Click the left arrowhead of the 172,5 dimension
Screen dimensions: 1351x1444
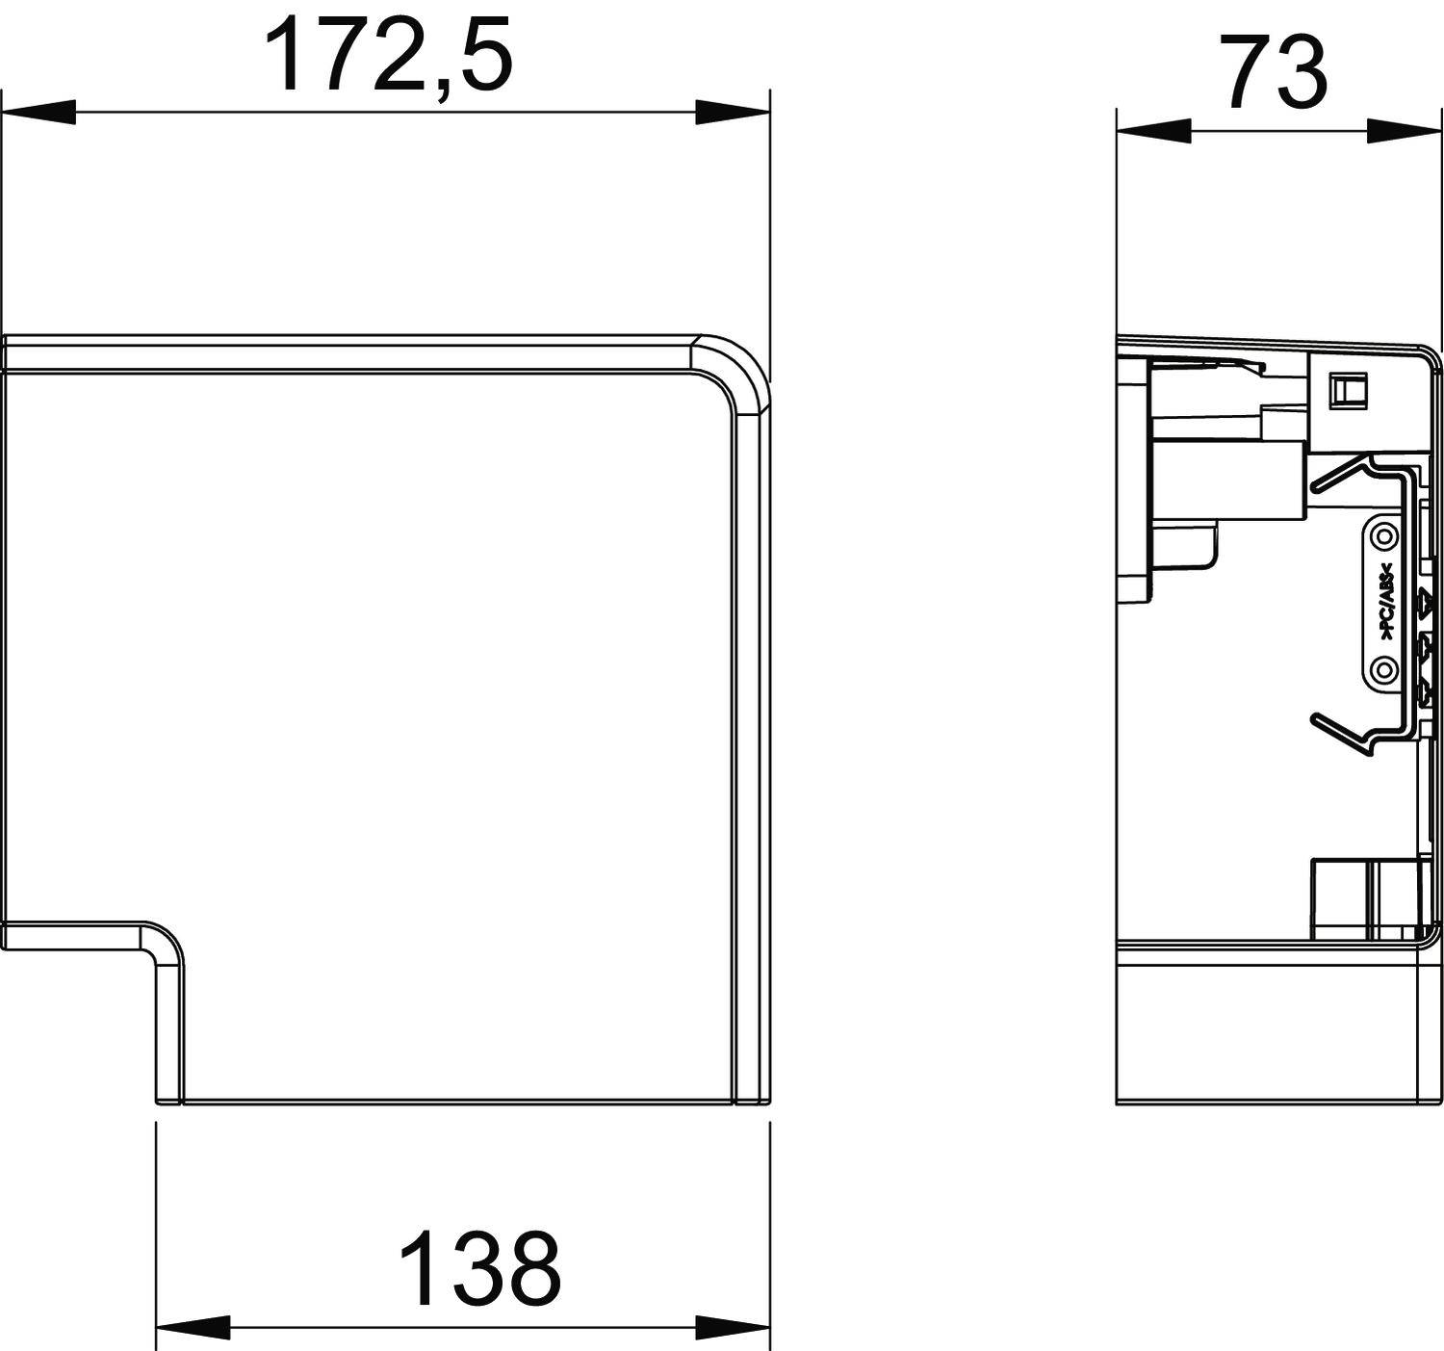[39, 112]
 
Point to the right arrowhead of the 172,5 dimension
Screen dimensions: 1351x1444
[732, 112]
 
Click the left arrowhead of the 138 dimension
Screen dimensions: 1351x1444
[193, 1326]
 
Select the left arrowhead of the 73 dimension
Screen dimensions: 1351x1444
[1153, 131]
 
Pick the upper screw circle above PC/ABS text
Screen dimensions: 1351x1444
[1383, 534]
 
